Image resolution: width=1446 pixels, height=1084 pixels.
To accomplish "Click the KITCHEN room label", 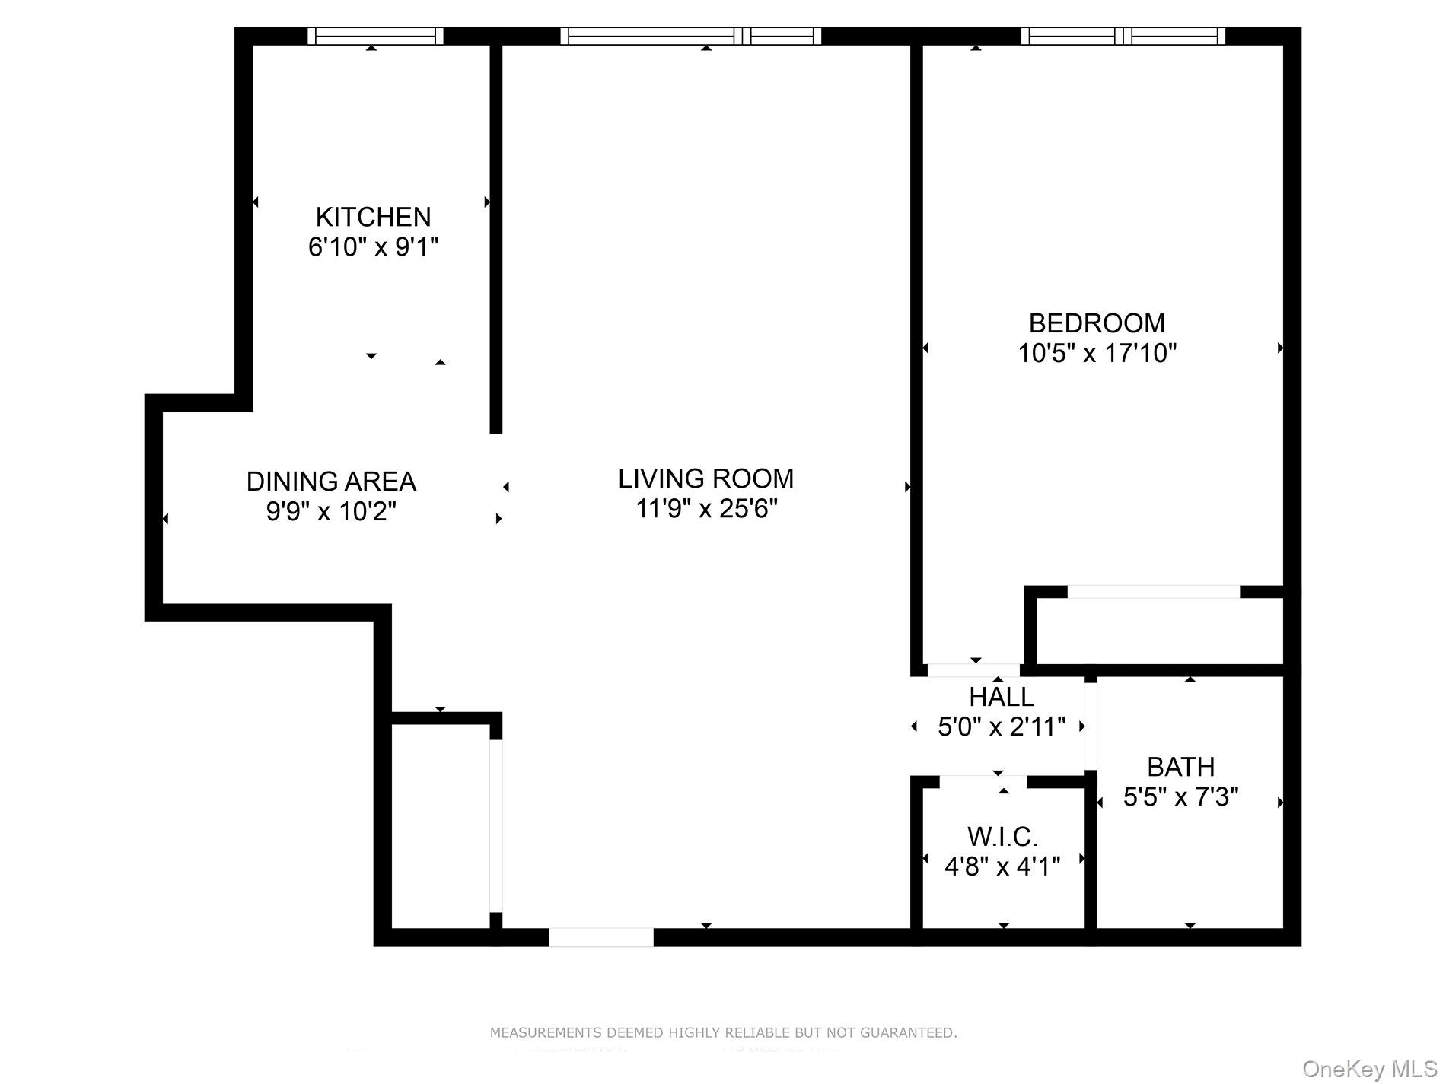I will [373, 217].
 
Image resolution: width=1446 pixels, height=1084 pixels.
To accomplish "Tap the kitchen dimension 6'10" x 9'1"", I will [373, 247].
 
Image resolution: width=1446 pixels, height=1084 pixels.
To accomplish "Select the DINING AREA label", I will [331, 482].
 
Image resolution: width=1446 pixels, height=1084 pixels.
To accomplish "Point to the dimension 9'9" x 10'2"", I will [331, 511].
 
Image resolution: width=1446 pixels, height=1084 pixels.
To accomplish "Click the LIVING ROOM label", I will [705, 478].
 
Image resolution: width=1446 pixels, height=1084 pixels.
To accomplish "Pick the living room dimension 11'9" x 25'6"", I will [705, 508].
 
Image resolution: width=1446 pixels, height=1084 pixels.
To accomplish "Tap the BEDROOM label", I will [1097, 323].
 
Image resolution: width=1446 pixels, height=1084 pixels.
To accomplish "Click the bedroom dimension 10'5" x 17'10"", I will [1097, 354].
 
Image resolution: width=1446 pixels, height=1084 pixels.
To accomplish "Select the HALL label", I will [1001, 697].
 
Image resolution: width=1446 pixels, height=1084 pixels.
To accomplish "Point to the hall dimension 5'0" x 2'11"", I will [1001, 727].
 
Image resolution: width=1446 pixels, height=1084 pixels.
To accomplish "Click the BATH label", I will [1180, 767].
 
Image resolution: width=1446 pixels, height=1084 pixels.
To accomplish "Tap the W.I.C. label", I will [1002, 837].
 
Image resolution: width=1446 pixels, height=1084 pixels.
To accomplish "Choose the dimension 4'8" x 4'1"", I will [1002, 866].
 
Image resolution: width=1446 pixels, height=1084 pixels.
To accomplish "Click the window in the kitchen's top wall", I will [375, 36].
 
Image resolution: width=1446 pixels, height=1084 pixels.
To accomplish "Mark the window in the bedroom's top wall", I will [1123, 36].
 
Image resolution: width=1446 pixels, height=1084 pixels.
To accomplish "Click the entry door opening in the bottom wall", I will [601, 937].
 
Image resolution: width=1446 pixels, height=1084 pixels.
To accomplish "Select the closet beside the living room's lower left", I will [440, 825].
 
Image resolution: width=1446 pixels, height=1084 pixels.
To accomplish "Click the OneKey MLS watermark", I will [1369, 1069].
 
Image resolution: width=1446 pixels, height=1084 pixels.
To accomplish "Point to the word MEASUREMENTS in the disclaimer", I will [546, 1033].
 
